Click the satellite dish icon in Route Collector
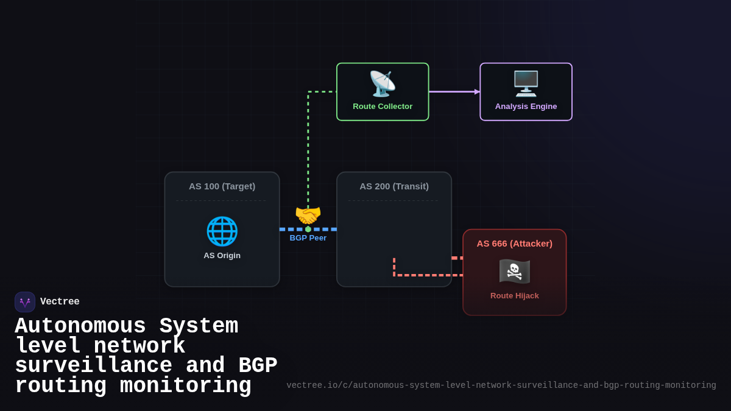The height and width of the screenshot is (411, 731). (383, 84)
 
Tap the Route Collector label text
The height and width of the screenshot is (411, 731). (383, 107)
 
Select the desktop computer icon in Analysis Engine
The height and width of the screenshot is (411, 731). (526, 84)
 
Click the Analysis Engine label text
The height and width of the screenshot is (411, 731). (526, 107)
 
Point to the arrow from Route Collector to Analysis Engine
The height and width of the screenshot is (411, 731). (454, 92)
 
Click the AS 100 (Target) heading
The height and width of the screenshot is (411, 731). (222, 186)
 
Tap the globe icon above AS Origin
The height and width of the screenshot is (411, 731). (222, 231)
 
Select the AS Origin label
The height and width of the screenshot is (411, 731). (222, 256)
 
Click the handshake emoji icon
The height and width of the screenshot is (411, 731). (308, 216)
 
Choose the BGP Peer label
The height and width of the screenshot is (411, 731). (308, 238)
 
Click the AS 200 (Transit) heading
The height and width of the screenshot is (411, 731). (394, 186)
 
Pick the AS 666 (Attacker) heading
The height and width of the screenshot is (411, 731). (515, 244)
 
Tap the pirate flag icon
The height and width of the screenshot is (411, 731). (515, 271)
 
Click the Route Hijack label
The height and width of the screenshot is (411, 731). (515, 296)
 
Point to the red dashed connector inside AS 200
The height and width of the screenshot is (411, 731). (420, 275)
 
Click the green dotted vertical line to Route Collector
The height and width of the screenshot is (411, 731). (308, 152)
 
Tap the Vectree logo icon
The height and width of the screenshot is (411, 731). (25, 302)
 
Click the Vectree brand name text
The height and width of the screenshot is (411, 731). (60, 302)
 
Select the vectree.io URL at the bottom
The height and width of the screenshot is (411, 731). (501, 385)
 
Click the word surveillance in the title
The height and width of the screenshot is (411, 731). (93, 366)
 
